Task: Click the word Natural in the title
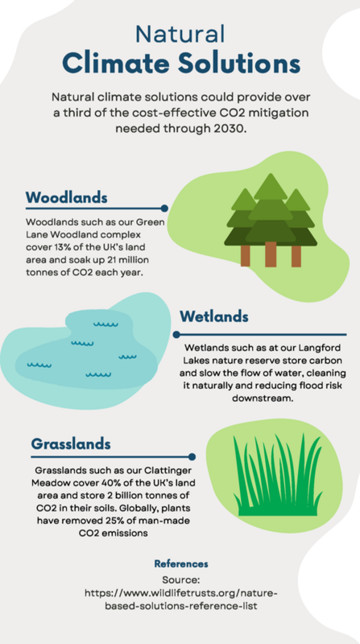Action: click(180, 34)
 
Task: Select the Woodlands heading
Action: click(67, 197)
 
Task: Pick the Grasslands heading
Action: click(72, 444)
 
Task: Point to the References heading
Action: click(180, 563)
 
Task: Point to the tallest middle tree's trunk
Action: click(271, 253)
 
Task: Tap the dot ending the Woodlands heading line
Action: click(164, 208)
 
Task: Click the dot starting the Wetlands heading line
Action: click(174, 333)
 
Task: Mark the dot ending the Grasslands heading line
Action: click(192, 456)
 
